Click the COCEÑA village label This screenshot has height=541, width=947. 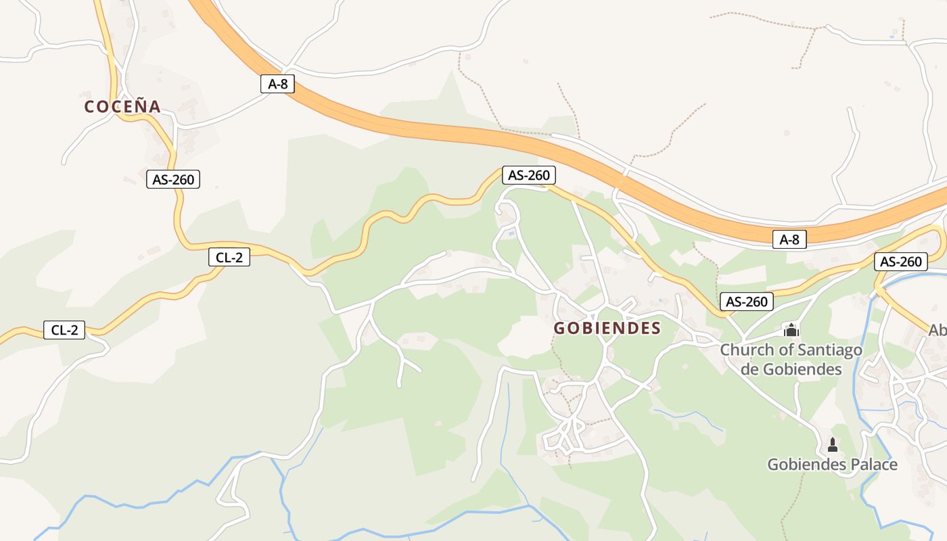(122, 107)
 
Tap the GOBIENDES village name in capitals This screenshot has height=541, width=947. (607, 329)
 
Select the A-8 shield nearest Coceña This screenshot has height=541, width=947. (277, 85)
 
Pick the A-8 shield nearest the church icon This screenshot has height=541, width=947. (789, 239)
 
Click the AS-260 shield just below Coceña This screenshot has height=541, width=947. (173, 179)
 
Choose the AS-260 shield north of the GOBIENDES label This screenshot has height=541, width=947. (529, 175)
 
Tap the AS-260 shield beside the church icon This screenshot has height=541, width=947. (746, 302)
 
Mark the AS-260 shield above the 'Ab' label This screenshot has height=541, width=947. (900, 262)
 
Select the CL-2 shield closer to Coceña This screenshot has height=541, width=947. (229, 257)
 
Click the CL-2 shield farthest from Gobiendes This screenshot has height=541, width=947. (64, 331)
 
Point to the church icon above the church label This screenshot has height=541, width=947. (791, 330)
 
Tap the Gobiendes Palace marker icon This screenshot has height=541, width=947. (833, 444)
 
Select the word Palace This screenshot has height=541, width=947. (875, 465)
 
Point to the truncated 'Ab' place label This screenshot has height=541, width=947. (938, 330)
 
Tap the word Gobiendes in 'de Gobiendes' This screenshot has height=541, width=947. (802, 369)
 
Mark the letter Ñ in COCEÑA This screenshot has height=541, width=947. (138, 106)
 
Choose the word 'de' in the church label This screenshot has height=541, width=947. (750, 369)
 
